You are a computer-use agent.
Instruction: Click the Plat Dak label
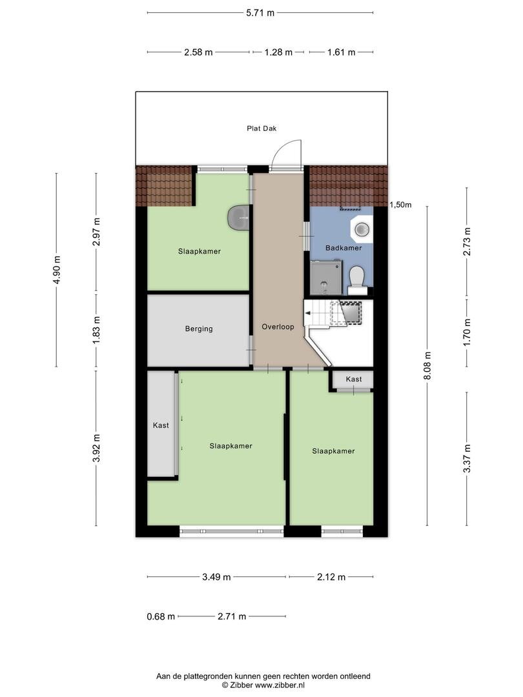(x=261, y=128)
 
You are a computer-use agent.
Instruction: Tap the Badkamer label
(x=344, y=248)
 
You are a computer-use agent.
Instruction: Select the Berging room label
(x=199, y=329)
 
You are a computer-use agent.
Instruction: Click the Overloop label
(x=278, y=327)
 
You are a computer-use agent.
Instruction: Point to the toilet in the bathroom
(x=357, y=281)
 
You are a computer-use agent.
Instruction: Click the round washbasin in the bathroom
(x=362, y=229)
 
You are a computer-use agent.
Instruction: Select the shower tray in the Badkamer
(x=327, y=278)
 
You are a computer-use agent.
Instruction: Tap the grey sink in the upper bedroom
(x=240, y=218)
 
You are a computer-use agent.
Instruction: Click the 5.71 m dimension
(x=260, y=13)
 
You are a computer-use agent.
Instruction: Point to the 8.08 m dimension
(x=427, y=366)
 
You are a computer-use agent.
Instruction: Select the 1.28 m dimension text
(x=278, y=52)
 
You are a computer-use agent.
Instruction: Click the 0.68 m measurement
(x=161, y=616)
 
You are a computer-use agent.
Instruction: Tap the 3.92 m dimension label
(x=96, y=448)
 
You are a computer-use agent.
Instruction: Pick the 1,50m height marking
(x=401, y=205)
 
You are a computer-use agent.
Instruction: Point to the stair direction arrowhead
(x=308, y=313)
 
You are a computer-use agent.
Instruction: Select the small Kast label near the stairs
(x=354, y=379)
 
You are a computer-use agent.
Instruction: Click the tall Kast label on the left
(x=161, y=425)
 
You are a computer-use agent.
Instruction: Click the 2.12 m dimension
(x=331, y=577)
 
